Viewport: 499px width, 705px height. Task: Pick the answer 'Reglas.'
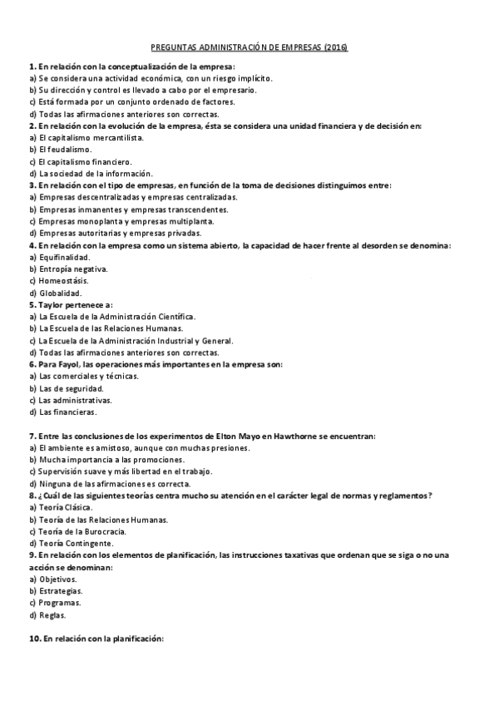tap(55, 615)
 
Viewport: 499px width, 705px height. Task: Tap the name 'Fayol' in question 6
tap(71, 364)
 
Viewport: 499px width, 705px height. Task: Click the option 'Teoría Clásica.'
tap(65, 507)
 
